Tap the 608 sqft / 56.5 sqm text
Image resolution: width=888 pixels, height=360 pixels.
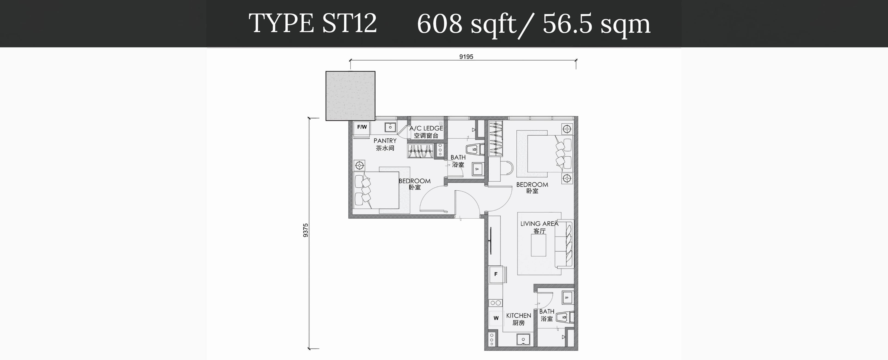tap(534, 24)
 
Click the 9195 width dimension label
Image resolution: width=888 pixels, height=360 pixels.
tap(466, 56)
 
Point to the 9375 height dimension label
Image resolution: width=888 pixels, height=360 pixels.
tap(305, 230)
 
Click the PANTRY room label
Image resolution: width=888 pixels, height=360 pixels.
tap(385, 141)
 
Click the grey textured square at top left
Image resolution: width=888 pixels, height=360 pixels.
tap(350, 96)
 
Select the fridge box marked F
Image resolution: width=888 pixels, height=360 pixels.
tap(496, 274)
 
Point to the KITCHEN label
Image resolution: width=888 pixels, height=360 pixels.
tap(518, 316)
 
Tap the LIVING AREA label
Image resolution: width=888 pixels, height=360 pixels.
tap(539, 224)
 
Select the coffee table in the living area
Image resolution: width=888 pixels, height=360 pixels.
tap(538, 245)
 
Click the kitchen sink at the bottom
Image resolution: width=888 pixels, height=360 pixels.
tap(523, 339)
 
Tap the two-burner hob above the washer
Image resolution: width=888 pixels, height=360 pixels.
tap(496, 303)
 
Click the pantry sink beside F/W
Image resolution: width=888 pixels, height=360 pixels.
tap(390, 127)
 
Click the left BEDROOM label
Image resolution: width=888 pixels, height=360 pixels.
tap(414, 181)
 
